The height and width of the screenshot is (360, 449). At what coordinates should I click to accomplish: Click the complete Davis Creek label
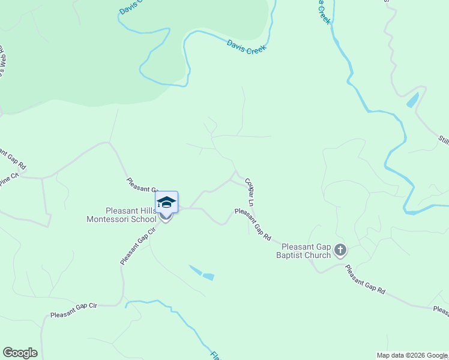pos(246,47)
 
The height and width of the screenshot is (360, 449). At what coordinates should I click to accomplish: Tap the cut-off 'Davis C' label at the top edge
pos(130,7)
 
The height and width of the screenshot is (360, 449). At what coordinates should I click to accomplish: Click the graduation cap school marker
pos(166,204)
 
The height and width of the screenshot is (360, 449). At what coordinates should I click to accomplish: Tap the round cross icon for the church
pos(340,250)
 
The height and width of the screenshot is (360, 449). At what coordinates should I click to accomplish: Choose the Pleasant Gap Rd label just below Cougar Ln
pos(253,224)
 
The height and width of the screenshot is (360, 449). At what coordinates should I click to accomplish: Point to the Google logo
pos(20,353)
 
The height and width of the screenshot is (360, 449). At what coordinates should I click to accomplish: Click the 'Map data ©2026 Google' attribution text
pos(412,355)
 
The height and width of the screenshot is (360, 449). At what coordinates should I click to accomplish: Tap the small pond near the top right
pos(413,100)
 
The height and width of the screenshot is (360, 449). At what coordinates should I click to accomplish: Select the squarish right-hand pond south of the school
pos(208,276)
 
